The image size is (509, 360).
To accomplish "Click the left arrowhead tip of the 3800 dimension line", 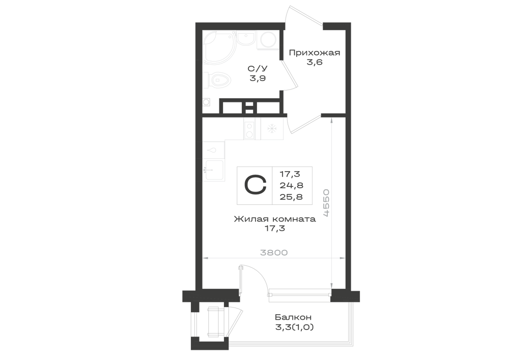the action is coord(203,258).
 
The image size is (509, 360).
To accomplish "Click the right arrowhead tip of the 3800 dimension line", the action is coord(345,258).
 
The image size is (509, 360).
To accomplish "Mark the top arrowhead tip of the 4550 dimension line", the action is coord(331,117).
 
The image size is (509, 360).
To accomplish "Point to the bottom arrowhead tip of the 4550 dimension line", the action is coord(331,289).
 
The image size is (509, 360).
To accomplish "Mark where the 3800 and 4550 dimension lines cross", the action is coord(331,258).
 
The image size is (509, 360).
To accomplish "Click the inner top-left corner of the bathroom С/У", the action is coord(203,30).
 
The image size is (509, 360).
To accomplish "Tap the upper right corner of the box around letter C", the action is coord(313,167).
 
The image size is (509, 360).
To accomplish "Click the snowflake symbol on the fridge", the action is coord(271,128).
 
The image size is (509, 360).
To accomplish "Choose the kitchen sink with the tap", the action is coord(213,170).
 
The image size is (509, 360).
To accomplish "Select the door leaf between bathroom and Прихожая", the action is coord(290,75).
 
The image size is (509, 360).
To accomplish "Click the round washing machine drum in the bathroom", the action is coord(268,40).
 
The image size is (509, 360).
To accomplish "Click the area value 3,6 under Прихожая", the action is coord(315,62).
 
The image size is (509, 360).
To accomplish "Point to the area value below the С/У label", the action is coord(258,78).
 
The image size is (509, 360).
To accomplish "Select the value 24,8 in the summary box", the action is coord(292,185).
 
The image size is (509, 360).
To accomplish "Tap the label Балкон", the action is coord(293,317).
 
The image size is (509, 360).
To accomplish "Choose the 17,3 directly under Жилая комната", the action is coord(275,229).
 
